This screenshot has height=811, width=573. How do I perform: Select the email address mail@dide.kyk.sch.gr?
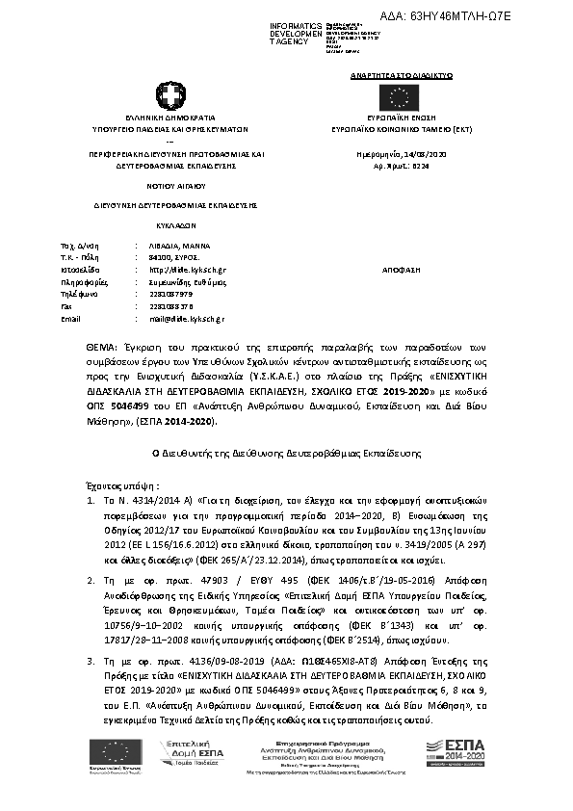[187, 318]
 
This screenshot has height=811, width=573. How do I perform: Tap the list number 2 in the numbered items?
[90, 581]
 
